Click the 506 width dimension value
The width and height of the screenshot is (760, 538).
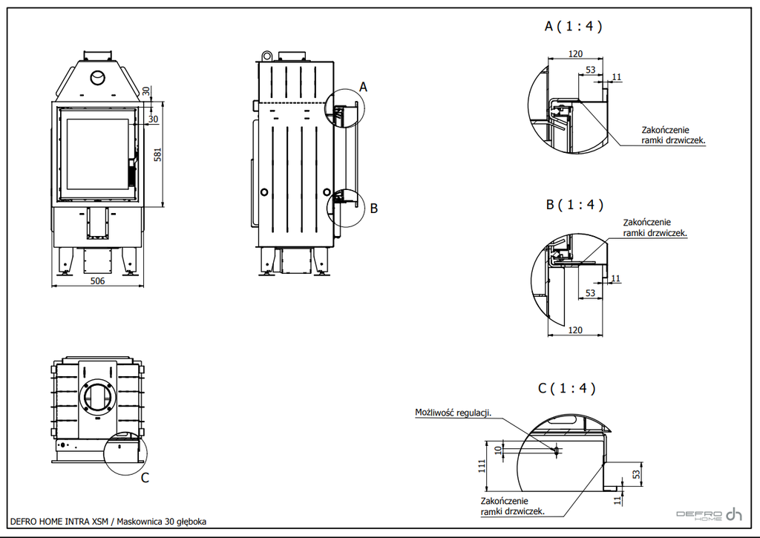pyautogui.click(x=97, y=281)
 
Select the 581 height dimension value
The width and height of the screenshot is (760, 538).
pyautogui.click(x=157, y=154)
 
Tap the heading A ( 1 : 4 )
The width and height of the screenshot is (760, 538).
pyautogui.click(x=574, y=26)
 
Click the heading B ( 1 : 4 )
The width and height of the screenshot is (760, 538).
pyautogui.click(x=574, y=205)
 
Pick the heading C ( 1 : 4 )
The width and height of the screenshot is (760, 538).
pyautogui.click(x=566, y=388)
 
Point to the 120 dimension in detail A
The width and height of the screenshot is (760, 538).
pyautogui.click(x=575, y=53)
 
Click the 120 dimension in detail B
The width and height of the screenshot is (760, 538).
pyautogui.click(x=575, y=330)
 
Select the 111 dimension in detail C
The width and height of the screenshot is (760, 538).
pyautogui.click(x=482, y=466)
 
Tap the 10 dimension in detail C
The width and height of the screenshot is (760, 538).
pyautogui.click(x=498, y=450)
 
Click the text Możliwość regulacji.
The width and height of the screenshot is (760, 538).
pyautogui.click(x=453, y=413)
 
